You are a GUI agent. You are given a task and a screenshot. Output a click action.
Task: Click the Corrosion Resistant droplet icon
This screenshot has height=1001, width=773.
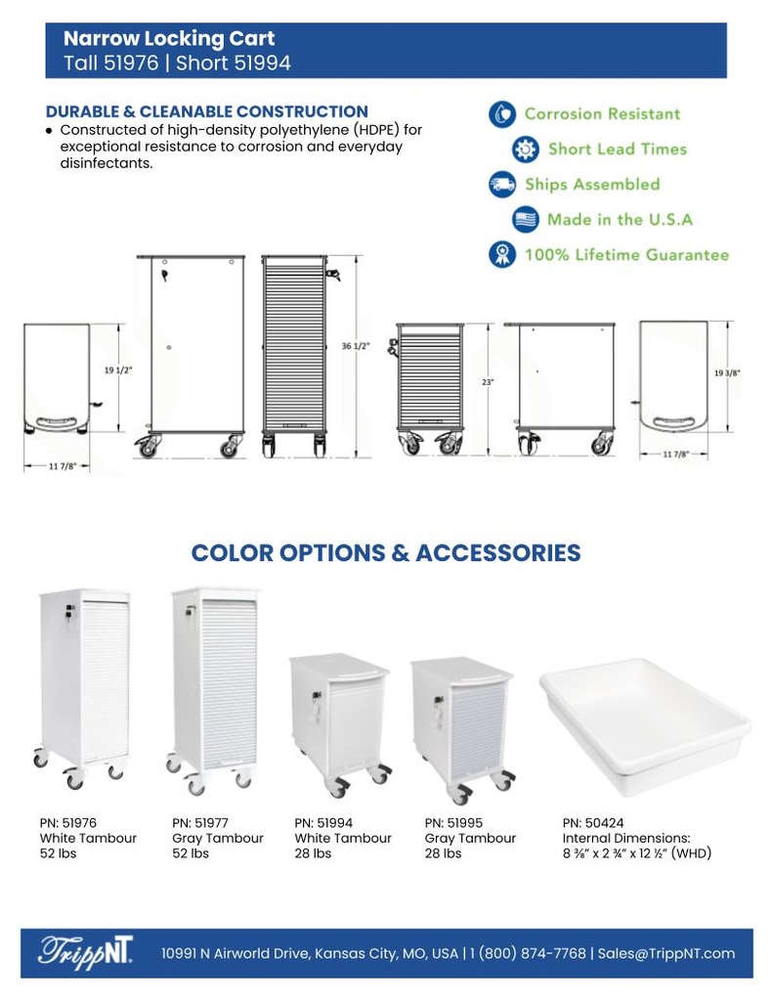(502, 114)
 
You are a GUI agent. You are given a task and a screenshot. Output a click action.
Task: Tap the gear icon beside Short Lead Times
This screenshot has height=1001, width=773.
(526, 150)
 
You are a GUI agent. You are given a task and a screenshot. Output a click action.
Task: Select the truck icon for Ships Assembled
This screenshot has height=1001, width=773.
(502, 185)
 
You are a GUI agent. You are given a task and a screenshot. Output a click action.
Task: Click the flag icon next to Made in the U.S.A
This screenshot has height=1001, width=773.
(526, 220)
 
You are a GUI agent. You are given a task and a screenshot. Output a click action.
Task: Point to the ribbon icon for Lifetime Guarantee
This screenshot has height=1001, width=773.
(502, 255)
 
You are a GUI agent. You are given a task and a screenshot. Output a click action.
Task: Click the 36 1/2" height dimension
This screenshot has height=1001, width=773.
(356, 347)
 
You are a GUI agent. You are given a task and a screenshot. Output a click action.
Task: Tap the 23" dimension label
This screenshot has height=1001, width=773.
(488, 382)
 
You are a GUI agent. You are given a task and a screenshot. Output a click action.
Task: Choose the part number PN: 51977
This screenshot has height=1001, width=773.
(200, 823)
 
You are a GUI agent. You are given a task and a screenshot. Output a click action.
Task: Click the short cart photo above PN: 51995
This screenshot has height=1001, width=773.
(462, 728)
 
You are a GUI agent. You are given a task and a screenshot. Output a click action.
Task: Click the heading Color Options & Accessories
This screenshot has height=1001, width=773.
(386, 553)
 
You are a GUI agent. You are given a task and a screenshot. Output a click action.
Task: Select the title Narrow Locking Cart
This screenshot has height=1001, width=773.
(169, 39)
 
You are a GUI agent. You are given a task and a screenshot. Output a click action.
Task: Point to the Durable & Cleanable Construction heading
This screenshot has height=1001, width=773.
(207, 111)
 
